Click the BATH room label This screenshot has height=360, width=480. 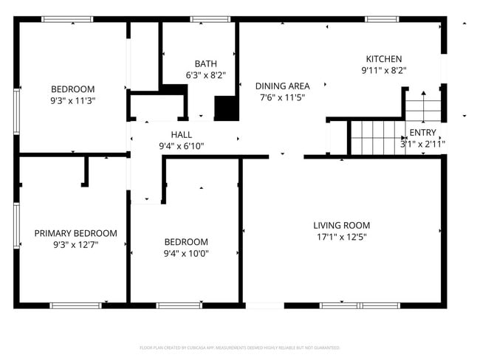point(205,63)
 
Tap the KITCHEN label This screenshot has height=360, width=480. point(384,59)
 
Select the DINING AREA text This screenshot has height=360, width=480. point(282,86)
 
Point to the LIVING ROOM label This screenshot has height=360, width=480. point(341,225)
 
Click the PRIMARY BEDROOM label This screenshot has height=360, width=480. point(75,233)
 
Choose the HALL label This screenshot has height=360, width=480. point(181,135)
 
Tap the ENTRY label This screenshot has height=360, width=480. point(422,133)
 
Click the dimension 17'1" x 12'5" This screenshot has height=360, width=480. point(340,237)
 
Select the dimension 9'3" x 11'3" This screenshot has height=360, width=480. point(73,100)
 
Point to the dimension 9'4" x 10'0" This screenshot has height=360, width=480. point(185,253)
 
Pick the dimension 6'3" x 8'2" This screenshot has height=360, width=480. point(205,75)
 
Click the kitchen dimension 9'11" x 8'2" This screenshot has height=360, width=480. point(384,70)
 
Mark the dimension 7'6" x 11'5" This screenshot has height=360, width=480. point(282,97)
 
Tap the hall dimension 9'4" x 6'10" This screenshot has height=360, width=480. point(181,146)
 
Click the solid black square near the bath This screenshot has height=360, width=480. point(226,109)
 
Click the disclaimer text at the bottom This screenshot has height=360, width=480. point(239,347)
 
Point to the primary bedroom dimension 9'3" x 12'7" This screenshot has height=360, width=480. point(75,244)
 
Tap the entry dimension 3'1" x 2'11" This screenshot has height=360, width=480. point(422,144)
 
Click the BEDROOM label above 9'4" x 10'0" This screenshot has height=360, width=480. point(185,242)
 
